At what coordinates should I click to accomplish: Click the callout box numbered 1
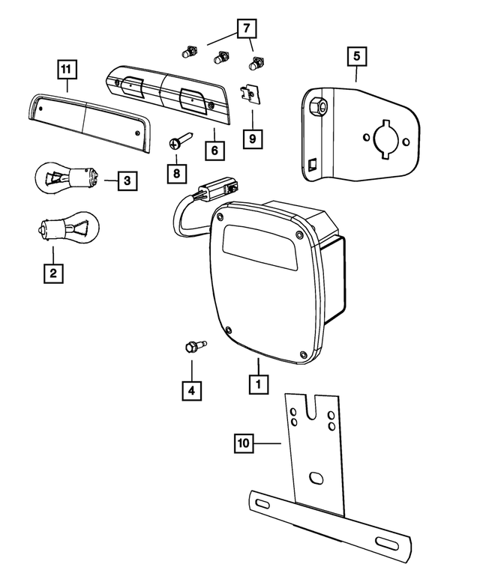pos(258,384)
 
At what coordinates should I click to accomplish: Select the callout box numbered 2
pos(52,273)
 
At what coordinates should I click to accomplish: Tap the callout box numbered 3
pos(127,180)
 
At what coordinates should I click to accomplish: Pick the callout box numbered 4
pos(191,389)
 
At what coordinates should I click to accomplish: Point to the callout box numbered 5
pos(356,56)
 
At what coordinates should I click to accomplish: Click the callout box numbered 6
pos(214,151)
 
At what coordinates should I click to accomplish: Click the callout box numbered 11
pos(67,70)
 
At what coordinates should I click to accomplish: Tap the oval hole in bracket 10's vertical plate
pos(316,477)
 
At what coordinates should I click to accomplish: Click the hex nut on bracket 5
pos(317,106)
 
